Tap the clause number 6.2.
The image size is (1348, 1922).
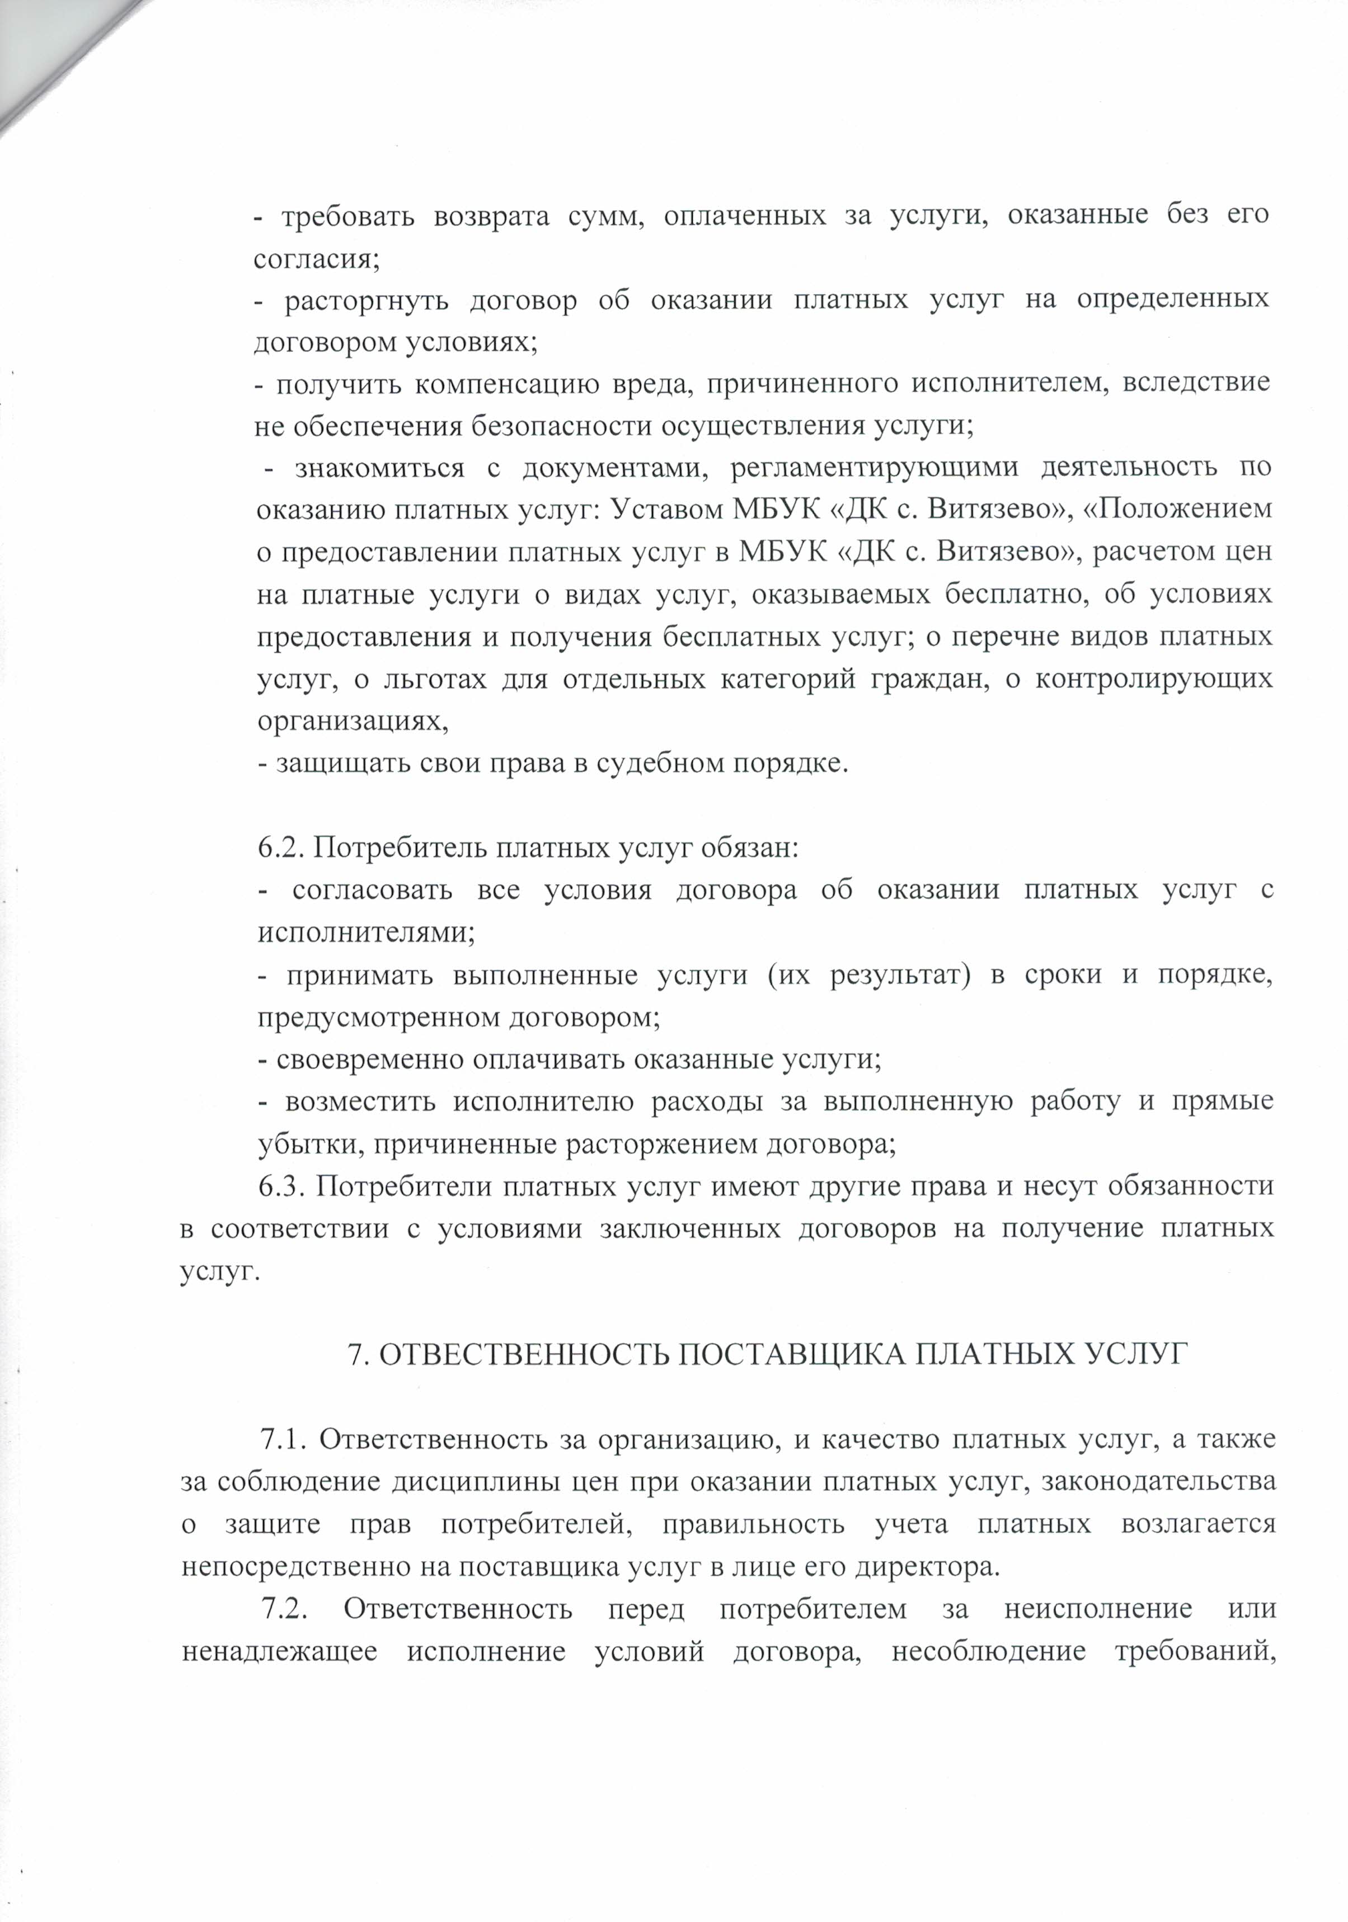point(280,848)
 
